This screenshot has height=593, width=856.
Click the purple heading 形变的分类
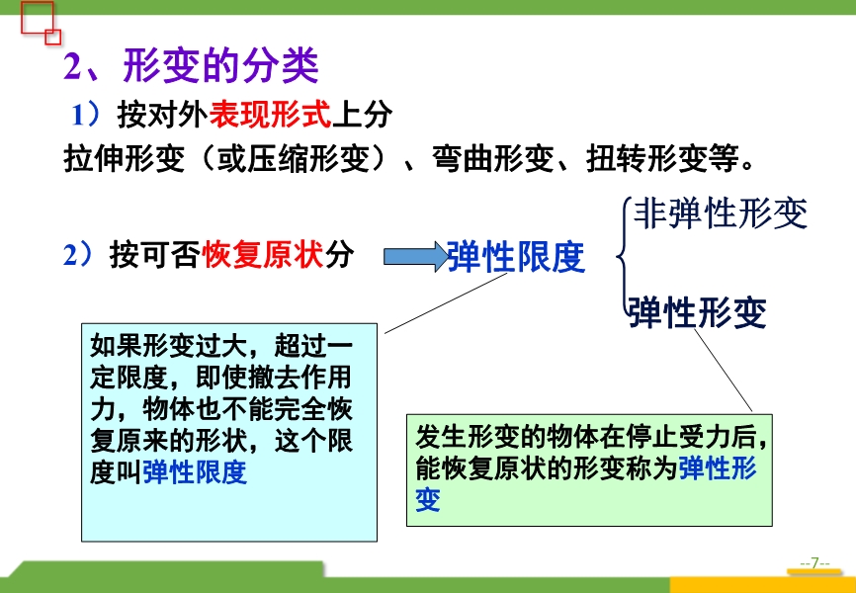coord(221,66)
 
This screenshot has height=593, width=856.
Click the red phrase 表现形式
coord(271,116)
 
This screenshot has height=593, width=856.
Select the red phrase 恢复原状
coord(263,254)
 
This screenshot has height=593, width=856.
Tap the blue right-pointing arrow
coord(415,257)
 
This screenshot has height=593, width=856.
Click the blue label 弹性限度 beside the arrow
coord(516,257)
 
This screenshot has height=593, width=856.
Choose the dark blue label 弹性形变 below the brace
coord(698,312)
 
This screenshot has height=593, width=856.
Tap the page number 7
coord(814,563)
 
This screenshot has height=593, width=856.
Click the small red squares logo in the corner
coord(40,23)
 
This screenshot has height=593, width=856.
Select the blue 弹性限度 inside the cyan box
coord(195,472)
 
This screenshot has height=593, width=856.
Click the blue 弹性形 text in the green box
coord(718,467)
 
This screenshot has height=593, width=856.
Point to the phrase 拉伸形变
coord(124,159)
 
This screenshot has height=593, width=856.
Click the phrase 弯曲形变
coord(493,159)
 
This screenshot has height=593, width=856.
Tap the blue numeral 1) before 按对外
coord(86,116)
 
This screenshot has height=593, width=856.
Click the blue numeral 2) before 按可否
coord(78,254)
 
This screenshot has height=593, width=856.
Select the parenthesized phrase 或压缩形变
coord(308,159)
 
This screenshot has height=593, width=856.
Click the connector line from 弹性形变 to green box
coord(723,371)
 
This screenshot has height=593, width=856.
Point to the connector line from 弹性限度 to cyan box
coord(446,302)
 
